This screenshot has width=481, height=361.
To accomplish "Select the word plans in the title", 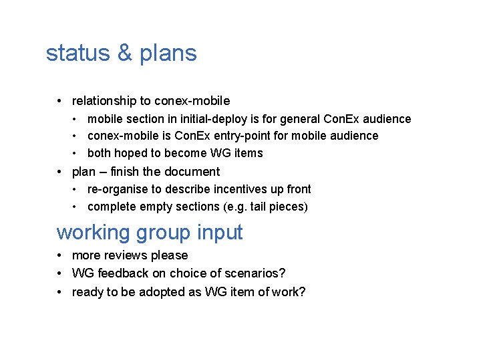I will pos(167,53).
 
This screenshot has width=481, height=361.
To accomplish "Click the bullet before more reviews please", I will pos(60,255).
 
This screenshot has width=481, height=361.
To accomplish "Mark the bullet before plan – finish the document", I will pos(60,172).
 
